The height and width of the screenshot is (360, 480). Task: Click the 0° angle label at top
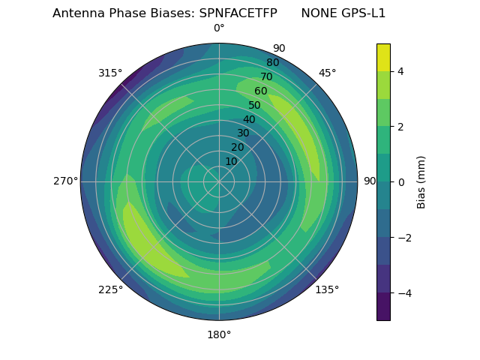click(219, 28)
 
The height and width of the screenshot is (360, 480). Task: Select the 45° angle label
click(327, 73)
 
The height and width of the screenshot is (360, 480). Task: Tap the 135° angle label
click(327, 289)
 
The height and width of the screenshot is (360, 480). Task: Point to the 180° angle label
click(219, 334)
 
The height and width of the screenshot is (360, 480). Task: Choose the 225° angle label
click(110, 289)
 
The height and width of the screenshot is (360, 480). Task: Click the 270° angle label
click(65, 181)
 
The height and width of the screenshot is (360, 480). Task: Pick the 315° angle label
click(110, 73)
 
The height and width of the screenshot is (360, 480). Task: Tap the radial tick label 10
click(231, 161)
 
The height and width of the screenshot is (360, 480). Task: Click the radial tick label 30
click(243, 133)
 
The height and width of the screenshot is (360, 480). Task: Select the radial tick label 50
click(255, 105)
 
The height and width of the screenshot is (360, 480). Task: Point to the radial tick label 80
click(272, 63)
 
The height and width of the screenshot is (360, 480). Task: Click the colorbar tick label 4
click(401, 71)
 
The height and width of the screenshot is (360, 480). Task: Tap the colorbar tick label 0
click(401, 182)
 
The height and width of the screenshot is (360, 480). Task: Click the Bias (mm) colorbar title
click(421, 181)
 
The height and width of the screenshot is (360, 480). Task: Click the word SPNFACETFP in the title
click(238, 13)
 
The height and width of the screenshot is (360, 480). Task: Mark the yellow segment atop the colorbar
click(383, 57)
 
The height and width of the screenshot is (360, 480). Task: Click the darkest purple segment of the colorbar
click(383, 307)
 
